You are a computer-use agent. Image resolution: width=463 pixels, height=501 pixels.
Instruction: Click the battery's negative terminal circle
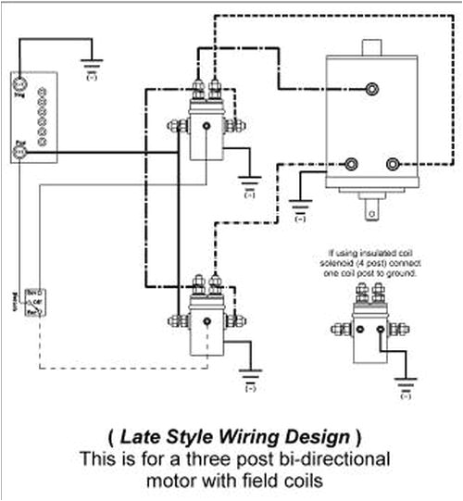(19, 82)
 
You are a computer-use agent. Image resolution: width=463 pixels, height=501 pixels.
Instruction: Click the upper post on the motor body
(372, 88)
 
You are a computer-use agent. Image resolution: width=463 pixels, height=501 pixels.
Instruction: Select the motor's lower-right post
(393, 165)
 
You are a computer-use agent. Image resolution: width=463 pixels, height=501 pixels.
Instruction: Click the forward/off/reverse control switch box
(35, 302)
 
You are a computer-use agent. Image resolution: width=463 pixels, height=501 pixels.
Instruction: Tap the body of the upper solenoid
(206, 134)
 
